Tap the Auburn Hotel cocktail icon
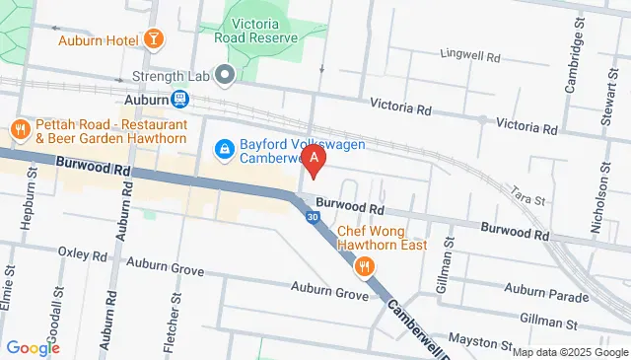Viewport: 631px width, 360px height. (154, 40)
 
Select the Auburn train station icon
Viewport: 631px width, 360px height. (179, 100)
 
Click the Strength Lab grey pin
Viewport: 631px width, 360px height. (224, 75)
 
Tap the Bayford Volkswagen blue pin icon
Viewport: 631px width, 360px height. (224, 149)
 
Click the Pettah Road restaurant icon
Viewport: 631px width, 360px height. (19, 129)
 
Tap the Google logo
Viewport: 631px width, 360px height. (33, 347)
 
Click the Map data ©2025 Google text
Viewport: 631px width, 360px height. (569, 352)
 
